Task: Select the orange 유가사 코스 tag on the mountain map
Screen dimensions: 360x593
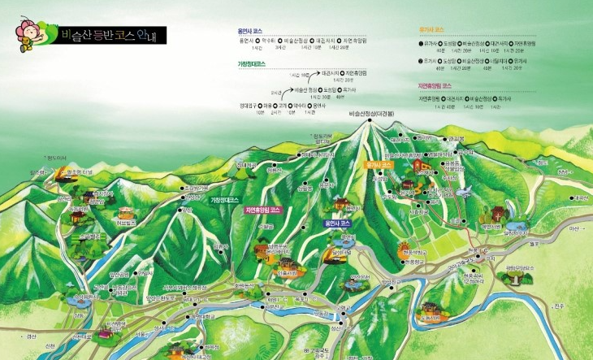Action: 380,164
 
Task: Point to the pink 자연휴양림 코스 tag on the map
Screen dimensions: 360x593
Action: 262,209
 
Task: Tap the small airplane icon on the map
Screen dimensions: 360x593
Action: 464,192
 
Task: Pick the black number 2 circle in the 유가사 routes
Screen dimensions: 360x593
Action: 421,59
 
